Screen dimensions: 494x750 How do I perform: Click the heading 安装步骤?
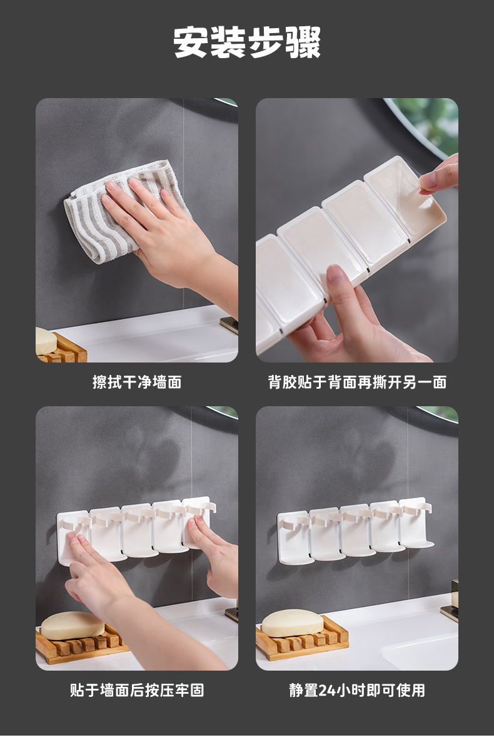point(247,42)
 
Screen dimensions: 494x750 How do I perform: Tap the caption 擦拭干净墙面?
point(137,382)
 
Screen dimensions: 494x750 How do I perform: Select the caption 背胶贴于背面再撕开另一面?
point(357,382)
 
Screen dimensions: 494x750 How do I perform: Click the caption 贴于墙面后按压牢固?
point(137,690)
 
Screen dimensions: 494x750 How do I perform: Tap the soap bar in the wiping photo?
point(46,341)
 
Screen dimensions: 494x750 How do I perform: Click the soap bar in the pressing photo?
point(73,626)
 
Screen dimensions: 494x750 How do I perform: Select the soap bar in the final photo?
point(293,623)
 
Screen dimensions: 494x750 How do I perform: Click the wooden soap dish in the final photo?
point(302,638)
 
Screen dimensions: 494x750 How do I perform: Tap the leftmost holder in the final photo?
point(294,537)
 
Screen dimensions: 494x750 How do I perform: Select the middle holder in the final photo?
point(356,530)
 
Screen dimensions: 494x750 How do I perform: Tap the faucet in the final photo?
point(450,602)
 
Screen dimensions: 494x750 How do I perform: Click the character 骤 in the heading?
point(303,42)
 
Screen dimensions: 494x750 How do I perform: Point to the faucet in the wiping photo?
point(229,326)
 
